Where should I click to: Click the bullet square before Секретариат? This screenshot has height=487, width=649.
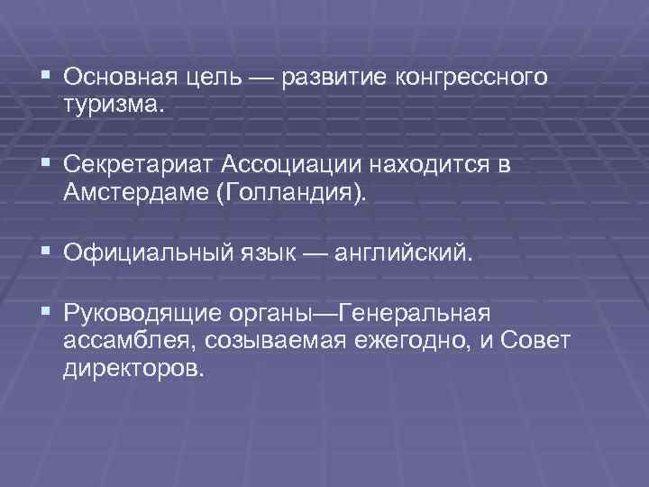(45, 163)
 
